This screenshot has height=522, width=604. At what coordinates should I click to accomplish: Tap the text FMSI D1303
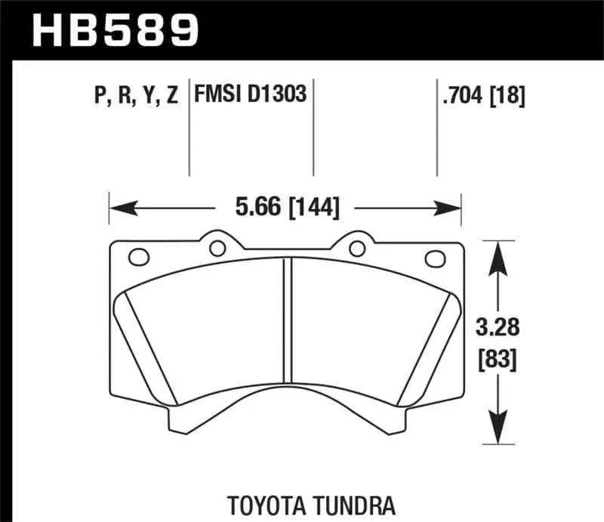(x=251, y=95)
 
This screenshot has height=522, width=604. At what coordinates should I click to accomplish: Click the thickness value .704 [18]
(x=481, y=96)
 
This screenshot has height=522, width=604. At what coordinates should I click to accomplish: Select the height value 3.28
(x=496, y=329)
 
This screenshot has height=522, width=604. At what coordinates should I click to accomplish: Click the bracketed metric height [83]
(x=496, y=360)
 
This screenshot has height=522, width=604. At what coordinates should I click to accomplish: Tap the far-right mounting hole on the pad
(x=434, y=258)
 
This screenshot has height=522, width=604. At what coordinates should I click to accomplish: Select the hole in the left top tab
(x=218, y=247)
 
